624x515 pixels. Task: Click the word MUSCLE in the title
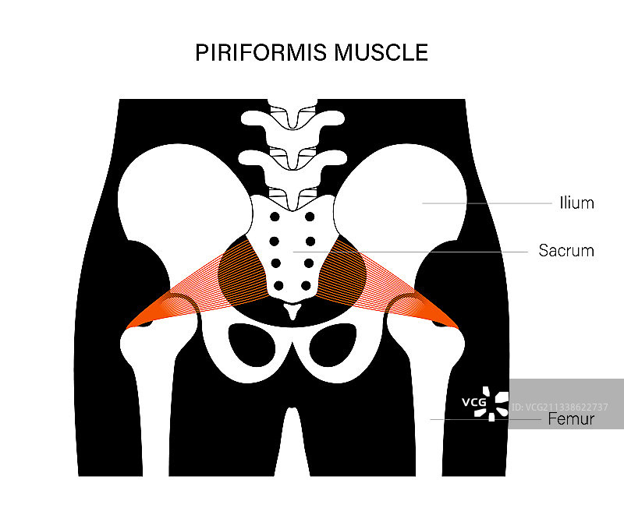click(x=381, y=53)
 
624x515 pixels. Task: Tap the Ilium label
click(x=577, y=203)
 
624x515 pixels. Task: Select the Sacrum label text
click(x=566, y=251)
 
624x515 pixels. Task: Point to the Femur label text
click(x=571, y=419)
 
